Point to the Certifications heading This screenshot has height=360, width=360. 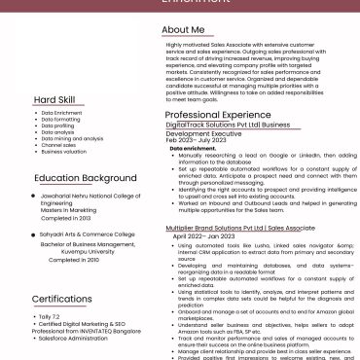61,299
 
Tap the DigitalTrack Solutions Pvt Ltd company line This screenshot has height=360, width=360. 228,126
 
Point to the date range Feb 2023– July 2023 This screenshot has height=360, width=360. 202,140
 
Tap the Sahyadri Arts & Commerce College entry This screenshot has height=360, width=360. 88,234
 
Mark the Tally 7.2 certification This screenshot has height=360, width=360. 49,317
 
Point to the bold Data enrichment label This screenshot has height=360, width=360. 194,148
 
